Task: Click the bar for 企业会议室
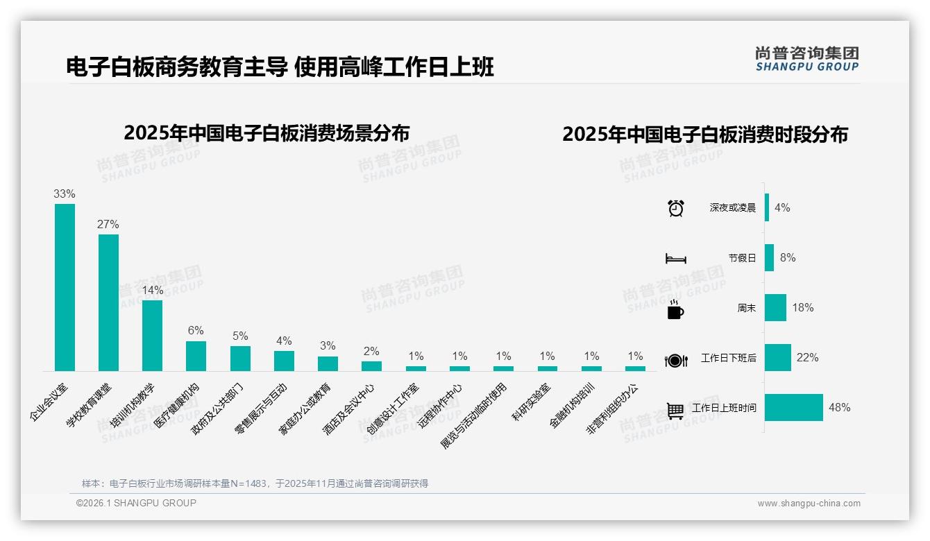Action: click(65, 287)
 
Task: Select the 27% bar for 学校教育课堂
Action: click(108, 302)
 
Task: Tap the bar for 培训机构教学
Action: click(152, 335)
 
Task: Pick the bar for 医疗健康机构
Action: click(196, 356)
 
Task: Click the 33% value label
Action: click(65, 194)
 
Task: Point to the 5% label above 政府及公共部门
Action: click(240, 336)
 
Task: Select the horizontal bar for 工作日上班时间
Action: click(794, 408)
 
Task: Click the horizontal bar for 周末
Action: click(775, 308)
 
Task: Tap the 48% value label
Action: click(839, 408)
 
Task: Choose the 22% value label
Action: click(807, 358)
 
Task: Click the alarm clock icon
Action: click(675, 208)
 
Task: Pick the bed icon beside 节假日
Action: click(675, 258)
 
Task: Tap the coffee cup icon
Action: click(675, 309)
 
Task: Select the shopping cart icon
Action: click(675, 410)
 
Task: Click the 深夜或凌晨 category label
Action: click(732, 208)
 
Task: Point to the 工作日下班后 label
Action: click(728, 359)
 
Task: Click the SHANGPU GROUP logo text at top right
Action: click(806, 67)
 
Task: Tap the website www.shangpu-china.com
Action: click(809, 504)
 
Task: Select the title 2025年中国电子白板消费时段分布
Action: click(704, 135)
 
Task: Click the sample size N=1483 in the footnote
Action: click(246, 483)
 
